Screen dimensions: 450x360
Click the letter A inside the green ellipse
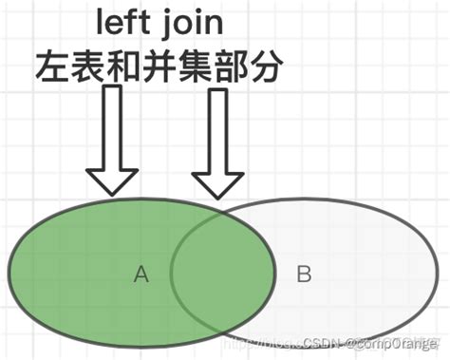tap(141, 275)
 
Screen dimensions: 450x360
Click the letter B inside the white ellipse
tap(304, 275)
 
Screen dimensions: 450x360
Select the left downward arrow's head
tap(113, 180)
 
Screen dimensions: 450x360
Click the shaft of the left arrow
tap(113, 128)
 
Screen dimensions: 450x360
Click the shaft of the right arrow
tap(219, 128)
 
